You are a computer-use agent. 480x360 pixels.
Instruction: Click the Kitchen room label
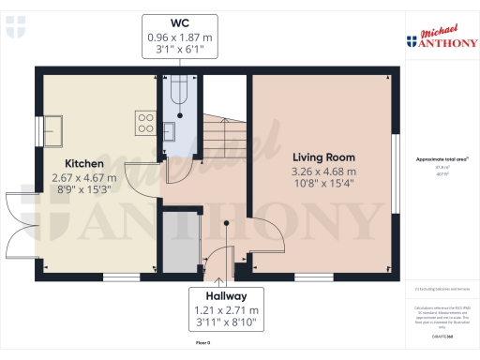pos(84,163)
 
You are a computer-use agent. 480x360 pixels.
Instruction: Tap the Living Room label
pos(324,157)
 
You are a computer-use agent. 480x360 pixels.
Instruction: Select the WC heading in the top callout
pos(181,22)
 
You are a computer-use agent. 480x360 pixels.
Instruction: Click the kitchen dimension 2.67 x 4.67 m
pos(84,177)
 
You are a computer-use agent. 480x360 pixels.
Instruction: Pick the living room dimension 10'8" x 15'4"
pos(324,186)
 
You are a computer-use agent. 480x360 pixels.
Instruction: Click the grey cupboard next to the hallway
pos(181,242)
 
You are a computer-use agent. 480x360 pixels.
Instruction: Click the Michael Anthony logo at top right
pos(438,37)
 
